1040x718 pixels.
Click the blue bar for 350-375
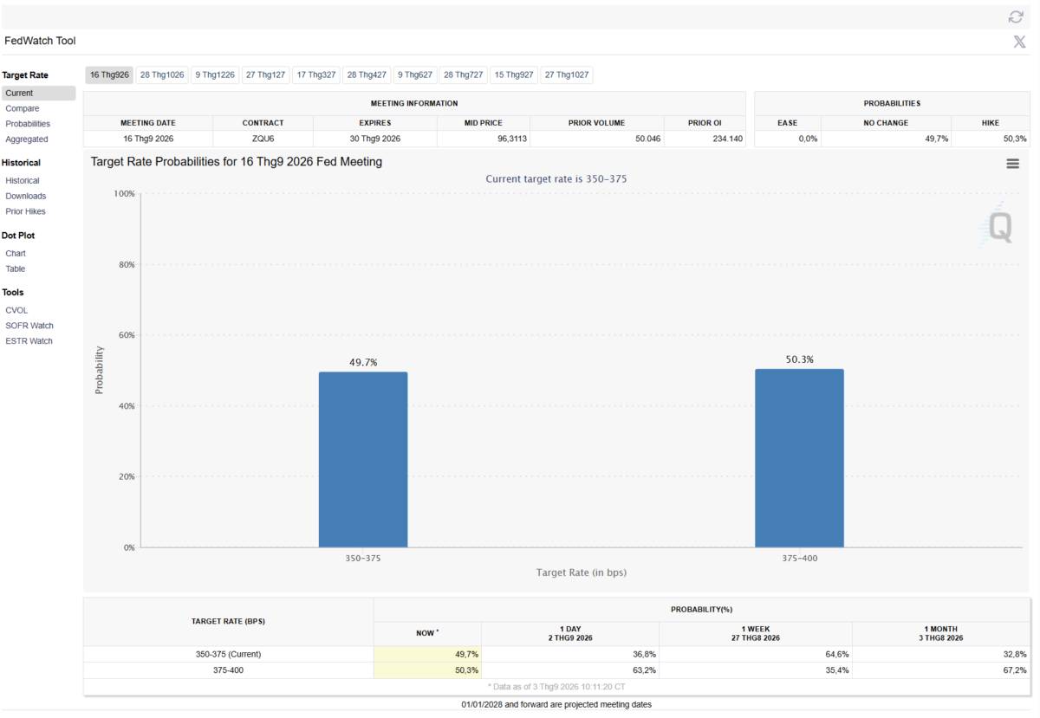click(x=363, y=460)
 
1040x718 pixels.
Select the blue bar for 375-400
click(x=799, y=458)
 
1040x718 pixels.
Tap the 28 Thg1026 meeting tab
click(x=162, y=74)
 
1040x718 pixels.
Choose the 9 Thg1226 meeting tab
click(x=215, y=74)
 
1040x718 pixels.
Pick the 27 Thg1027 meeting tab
click(x=567, y=74)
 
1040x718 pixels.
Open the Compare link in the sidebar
click(x=23, y=108)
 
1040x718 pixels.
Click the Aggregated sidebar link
click(x=27, y=139)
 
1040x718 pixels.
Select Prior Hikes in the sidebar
click(x=25, y=211)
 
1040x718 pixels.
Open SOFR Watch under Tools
click(x=29, y=326)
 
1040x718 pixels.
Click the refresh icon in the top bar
click(x=1016, y=17)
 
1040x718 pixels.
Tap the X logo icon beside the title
click(x=1019, y=42)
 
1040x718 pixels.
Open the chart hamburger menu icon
click(x=1012, y=164)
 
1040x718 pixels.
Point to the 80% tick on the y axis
click(x=127, y=264)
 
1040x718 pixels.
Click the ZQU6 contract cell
click(x=263, y=139)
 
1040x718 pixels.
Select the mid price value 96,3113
click(x=512, y=139)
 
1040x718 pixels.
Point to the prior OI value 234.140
click(x=727, y=139)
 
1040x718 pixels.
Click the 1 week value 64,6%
click(x=837, y=654)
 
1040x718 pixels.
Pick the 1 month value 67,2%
click(x=1015, y=669)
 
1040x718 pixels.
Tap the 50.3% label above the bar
click(x=799, y=359)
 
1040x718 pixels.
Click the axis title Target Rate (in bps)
click(x=582, y=572)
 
